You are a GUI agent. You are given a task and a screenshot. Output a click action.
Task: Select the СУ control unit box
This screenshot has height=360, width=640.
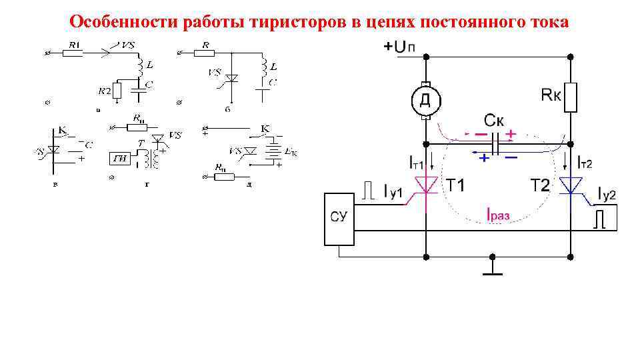338,218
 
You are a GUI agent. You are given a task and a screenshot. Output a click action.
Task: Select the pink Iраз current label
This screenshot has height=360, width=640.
498,215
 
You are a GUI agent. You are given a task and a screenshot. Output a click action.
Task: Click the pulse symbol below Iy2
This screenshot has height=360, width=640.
600,219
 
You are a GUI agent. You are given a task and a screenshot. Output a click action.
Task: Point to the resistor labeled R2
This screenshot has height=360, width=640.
117,91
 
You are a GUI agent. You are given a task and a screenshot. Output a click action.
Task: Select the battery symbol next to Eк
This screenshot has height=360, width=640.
274,151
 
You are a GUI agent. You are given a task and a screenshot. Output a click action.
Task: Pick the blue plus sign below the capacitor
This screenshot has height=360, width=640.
483,158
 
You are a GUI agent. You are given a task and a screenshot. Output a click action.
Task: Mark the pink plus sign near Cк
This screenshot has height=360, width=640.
511,133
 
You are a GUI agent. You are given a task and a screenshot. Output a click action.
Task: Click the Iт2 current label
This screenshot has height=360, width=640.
584,161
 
